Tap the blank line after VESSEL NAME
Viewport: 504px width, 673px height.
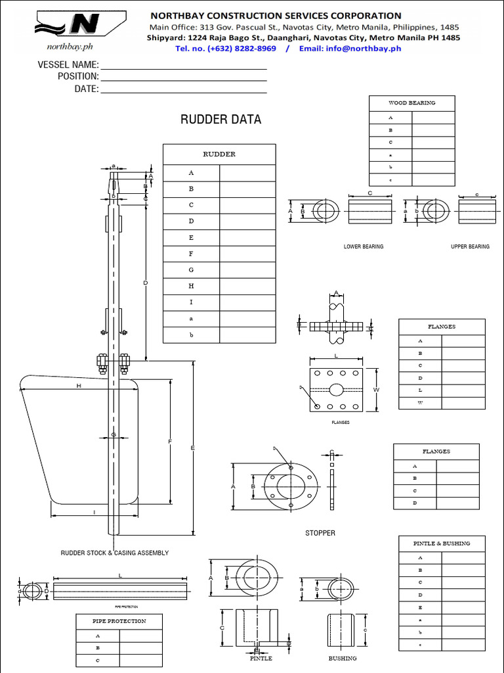coord(183,65)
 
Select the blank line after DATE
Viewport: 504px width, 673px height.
coord(183,89)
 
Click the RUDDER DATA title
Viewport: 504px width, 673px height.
coord(220,120)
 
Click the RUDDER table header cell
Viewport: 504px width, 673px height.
coord(219,154)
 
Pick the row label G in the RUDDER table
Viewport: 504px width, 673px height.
coord(192,270)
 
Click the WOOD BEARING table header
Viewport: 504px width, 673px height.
coord(411,103)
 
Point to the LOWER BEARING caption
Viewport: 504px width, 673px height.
coord(364,247)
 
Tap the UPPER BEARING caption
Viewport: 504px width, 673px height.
coord(470,247)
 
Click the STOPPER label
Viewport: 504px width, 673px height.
coord(320,533)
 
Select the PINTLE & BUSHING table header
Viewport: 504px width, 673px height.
coord(441,544)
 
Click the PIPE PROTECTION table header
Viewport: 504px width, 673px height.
coord(119,621)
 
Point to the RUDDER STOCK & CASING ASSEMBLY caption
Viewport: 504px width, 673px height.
coord(115,553)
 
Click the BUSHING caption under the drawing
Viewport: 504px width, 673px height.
coord(343,658)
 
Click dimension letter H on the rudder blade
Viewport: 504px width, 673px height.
coord(79,386)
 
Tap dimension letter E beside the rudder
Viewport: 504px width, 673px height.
coord(192,448)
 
